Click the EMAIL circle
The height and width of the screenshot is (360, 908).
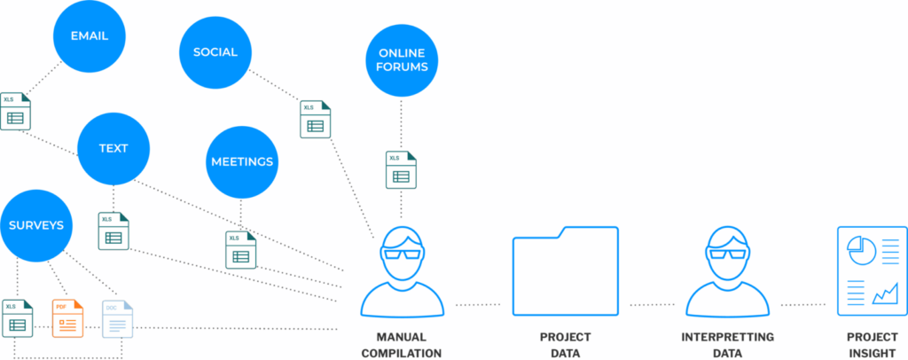[x=89, y=36]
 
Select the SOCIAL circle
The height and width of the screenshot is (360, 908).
[x=215, y=51]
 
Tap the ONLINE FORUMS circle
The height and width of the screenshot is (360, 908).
[x=402, y=59]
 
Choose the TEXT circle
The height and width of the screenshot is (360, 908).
[x=113, y=148]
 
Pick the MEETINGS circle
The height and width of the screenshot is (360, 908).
[x=242, y=161]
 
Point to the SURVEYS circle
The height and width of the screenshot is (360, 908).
[x=36, y=225]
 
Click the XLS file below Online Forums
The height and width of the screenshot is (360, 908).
[x=401, y=169]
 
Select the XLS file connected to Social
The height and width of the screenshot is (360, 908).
[x=315, y=119]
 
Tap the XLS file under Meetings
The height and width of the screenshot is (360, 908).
[x=239, y=249]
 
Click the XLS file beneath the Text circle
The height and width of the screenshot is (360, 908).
[x=113, y=231]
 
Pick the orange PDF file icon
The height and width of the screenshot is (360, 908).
[x=67, y=318]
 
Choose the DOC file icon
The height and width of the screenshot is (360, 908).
[x=117, y=319]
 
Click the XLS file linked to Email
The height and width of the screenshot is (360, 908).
[x=15, y=111]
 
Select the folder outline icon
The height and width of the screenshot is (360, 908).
[x=566, y=271]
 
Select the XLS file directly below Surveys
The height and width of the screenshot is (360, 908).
[x=16, y=318]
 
